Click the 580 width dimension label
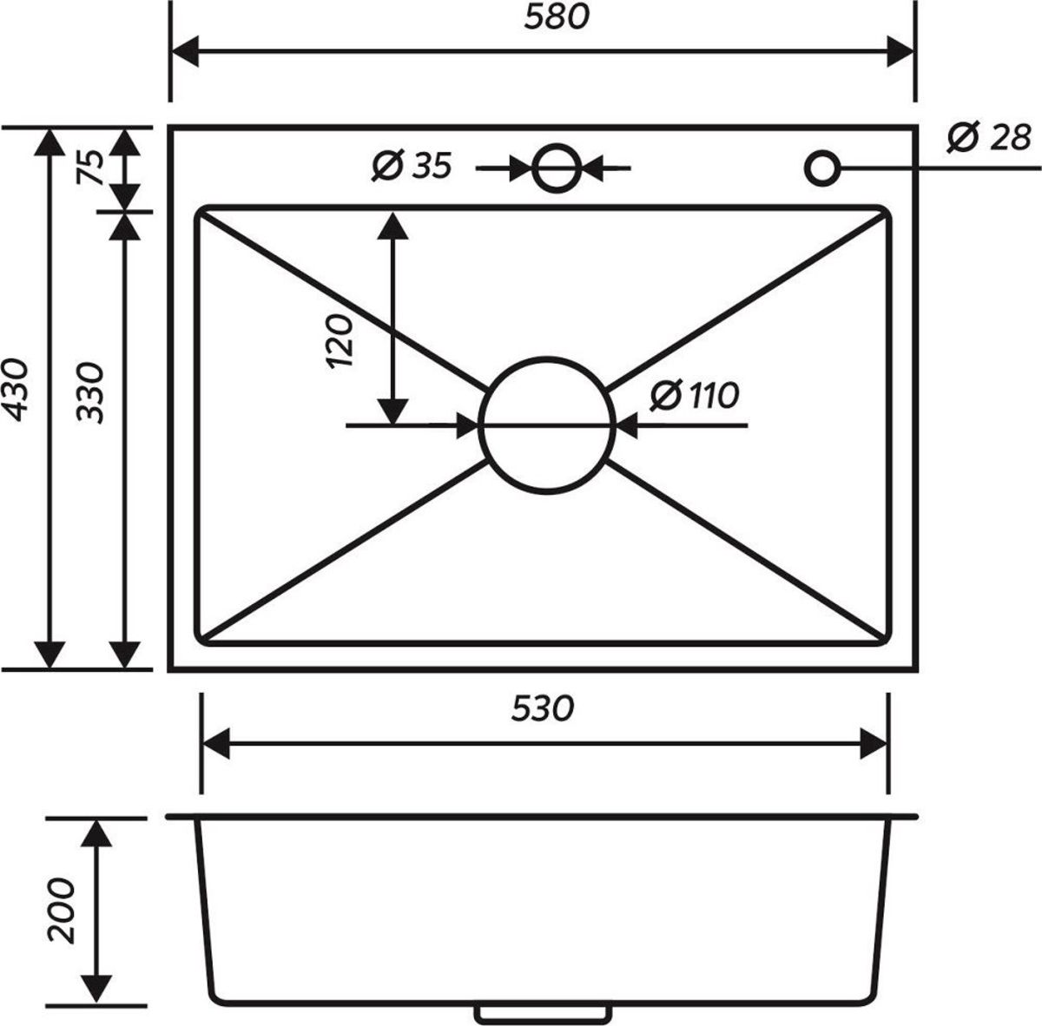pyautogui.click(x=557, y=18)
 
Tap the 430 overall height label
pyautogui.click(x=15, y=389)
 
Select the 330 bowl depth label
pyautogui.click(x=89, y=392)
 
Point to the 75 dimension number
pyautogui.click(x=90, y=167)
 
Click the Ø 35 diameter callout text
pyautogui.click(x=412, y=166)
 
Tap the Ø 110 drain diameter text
pyautogui.click(x=695, y=396)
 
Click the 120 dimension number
pyautogui.click(x=340, y=341)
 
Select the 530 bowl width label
pyautogui.click(x=543, y=708)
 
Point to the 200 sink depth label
pyautogui.click(x=61, y=911)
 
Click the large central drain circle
pyautogui.click(x=547, y=358)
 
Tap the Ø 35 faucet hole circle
pyautogui.click(x=557, y=145)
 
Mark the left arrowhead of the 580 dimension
pyautogui.click(x=184, y=52)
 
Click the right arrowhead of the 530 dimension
pyautogui.click(x=874, y=744)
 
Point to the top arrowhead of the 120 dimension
pyautogui.click(x=392, y=226)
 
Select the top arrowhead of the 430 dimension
pyautogui.click(x=49, y=142)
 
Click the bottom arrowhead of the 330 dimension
pyautogui.click(x=125, y=654)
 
